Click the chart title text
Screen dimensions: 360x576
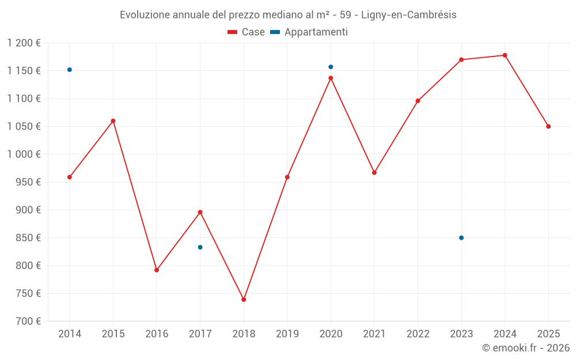288,14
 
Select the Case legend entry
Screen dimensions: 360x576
247,32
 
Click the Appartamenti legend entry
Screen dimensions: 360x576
309,32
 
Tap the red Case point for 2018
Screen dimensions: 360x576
244,300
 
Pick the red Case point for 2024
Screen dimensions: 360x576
505,55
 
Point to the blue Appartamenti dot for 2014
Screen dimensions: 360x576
70,70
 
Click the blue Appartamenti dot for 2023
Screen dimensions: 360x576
461,238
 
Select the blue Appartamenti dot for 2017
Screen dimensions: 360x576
200,247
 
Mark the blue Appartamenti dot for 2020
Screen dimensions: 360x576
331,67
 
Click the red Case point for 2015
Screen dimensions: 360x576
113,121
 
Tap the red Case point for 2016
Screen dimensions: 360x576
157,270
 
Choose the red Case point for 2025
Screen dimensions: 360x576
548,126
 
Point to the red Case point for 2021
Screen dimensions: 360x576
374,173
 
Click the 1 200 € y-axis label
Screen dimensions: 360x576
24,43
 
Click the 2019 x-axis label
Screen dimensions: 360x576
287,334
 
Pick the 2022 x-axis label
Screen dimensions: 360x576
418,334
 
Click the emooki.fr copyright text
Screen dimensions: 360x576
525,348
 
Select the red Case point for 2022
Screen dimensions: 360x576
418,101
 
